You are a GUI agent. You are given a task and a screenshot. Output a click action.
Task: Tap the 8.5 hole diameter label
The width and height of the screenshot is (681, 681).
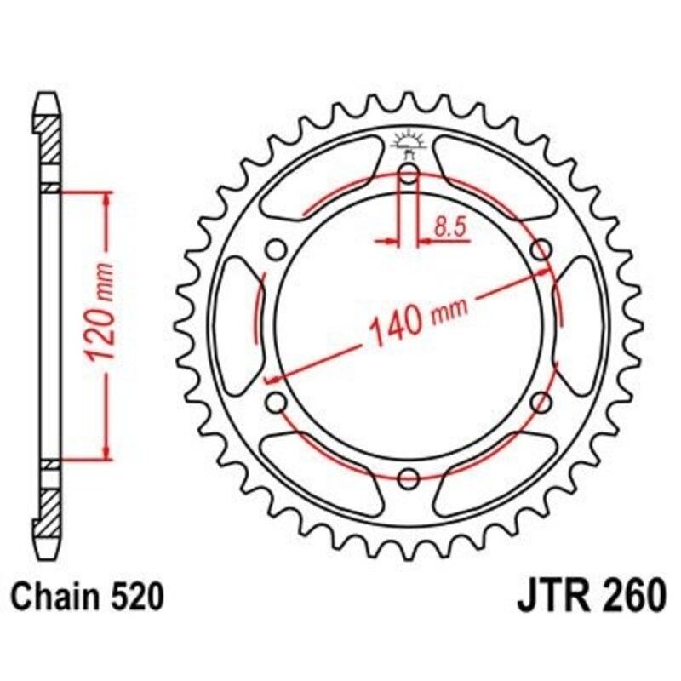[x=448, y=226]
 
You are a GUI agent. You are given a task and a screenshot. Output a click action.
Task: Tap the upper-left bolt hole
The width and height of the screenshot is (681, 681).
[x=275, y=249]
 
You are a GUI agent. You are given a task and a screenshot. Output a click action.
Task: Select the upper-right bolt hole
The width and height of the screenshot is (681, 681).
[x=541, y=249]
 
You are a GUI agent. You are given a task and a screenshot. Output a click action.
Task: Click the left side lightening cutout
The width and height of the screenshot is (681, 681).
[x=234, y=326]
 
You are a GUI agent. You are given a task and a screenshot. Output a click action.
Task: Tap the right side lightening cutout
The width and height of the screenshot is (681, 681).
[x=581, y=326]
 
